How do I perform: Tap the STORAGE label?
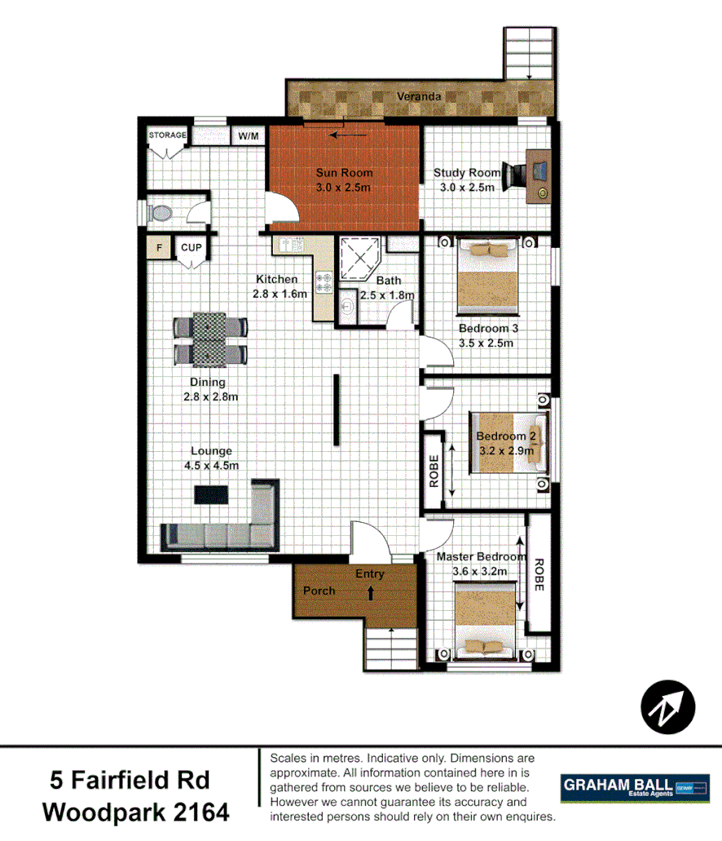(x=168, y=135)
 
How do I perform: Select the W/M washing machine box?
(x=248, y=135)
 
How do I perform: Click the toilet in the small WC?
(x=161, y=213)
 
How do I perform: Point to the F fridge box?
(x=159, y=247)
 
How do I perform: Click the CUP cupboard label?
(x=192, y=247)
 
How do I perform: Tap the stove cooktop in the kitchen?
(x=324, y=282)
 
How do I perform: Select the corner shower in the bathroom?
(x=358, y=257)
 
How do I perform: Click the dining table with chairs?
(x=209, y=339)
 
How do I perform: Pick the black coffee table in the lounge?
(x=211, y=494)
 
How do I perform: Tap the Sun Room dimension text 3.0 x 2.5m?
(x=344, y=188)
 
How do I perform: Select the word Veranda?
(x=419, y=96)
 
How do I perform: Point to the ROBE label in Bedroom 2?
(x=434, y=471)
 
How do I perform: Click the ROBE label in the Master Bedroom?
(x=538, y=574)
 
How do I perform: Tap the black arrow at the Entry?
(x=372, y=593)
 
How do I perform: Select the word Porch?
(x=319, y=591)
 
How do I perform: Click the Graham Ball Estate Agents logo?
(x=635, y=788)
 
